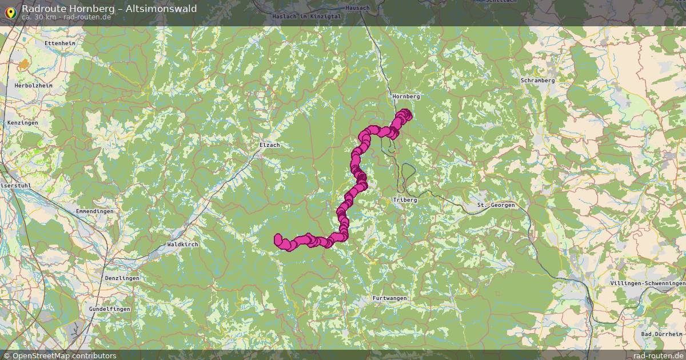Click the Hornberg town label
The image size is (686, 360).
coord(406,97)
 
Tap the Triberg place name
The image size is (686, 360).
coord(405,200)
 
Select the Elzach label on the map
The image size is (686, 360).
coord(269,145)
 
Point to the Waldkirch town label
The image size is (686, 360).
coord(182,244)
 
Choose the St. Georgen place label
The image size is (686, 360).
coord(496,205)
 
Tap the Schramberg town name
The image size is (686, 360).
coord(537,81)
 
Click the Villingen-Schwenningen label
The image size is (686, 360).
coord(647,283)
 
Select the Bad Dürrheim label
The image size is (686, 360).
coord(661,334)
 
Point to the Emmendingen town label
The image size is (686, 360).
coord(94,211)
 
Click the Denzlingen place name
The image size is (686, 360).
coord(122,278)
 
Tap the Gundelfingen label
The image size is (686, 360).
coord(109,309)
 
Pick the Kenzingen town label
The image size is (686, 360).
coord(22,123)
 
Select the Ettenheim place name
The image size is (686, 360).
coord(59,43)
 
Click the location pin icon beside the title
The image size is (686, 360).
coord(10,12)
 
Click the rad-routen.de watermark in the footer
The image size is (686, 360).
coord(657,355)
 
